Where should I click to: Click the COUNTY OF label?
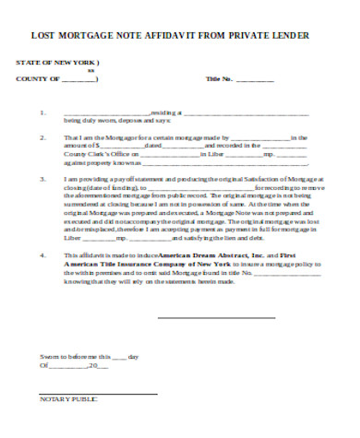tap(38, 79)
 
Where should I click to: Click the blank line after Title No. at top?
tap(257, 80)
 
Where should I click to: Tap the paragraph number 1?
tap(42, 114)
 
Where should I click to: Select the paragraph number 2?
tap(42, 136)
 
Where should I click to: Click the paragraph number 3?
tap(42, 180)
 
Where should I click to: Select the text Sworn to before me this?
tap(75, 355)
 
